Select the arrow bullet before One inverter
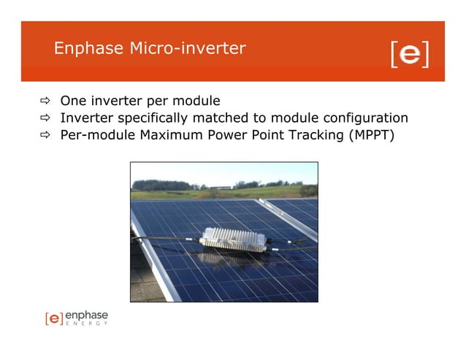(45, 101)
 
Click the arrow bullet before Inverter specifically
(45, 118)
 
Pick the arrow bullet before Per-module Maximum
(45, 134)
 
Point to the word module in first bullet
(196, 101)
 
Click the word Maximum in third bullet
(166, 134)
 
